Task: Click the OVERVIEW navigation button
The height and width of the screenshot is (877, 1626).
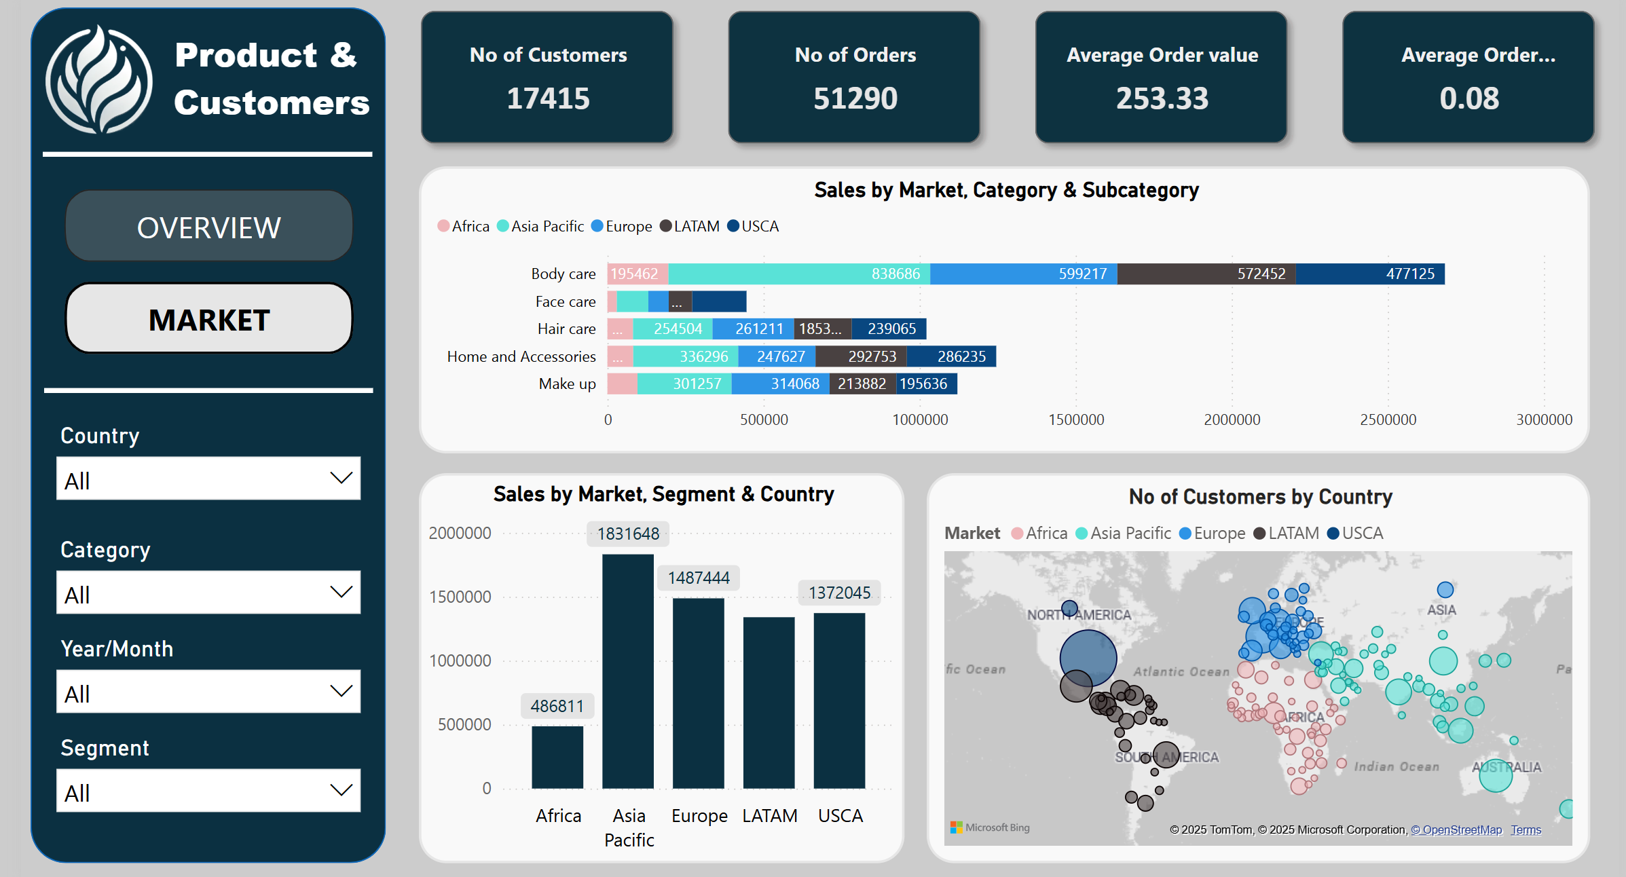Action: pos(209,227)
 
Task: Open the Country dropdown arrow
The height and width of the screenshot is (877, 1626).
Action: pos(341,478)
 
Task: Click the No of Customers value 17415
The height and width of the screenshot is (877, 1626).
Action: pos(548,98)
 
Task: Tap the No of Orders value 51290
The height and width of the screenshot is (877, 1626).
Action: pos(855,98)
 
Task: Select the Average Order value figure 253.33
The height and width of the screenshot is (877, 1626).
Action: pos(1162,98)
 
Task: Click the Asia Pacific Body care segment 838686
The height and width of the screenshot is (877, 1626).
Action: pos(799,274)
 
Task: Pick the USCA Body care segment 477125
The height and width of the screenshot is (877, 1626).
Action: pos(1370,274)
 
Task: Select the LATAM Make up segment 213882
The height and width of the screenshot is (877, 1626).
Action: pos(862,384)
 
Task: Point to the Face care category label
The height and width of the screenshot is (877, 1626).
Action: pos(565,301)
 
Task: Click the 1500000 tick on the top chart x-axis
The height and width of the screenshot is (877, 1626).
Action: pos(1076,419)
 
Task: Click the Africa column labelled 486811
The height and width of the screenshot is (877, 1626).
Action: pos(557,756)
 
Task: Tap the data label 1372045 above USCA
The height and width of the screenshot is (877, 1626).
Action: pos(839,593)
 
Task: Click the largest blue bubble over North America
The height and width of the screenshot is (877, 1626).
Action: pos(1088,658)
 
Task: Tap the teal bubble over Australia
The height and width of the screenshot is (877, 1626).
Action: pos(1495,775)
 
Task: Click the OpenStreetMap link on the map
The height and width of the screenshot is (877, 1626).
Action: pos(1456,829)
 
